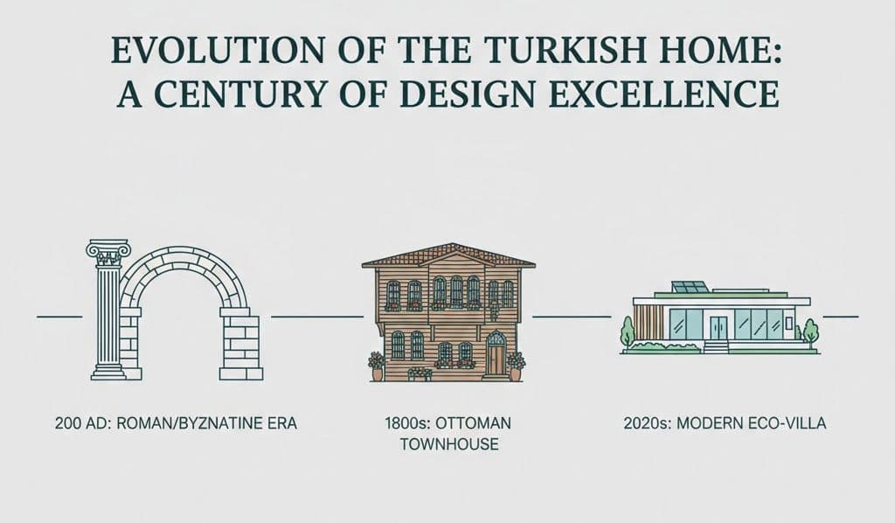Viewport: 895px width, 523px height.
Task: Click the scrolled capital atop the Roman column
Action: pyautogui.click(x=108, y=252)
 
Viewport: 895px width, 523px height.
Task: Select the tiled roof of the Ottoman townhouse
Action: pyautogui.click(x=448, y=255)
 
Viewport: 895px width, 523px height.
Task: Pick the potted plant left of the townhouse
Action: pyautogui.click(x=377, y=366)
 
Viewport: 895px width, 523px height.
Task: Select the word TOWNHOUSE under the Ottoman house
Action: pyautogui.click(x=448, y=444)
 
